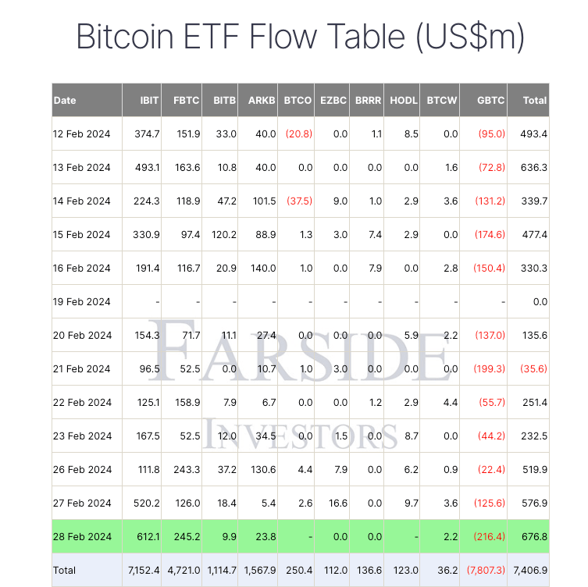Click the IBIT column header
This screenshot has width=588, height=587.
click(x=149, y=100)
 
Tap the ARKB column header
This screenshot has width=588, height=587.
click(x=262, y=100)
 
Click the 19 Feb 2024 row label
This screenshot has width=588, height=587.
click(x=82, y=301)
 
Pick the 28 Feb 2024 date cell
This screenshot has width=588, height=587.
click(x=82, y=537)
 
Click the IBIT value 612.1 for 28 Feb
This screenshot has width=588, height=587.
click(x=147, y=537)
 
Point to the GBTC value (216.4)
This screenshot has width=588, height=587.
click(x=491, y=537)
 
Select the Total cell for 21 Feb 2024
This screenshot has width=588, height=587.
click(x=534, y=368)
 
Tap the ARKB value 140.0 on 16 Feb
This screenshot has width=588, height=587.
click(x=262, y=268)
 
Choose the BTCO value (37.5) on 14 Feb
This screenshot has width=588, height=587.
click(x=298, y=201)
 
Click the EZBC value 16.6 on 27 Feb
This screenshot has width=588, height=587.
click(x=337, y=503)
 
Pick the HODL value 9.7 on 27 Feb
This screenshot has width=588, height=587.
click(x=410, y=503)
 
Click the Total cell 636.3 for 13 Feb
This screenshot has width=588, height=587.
click(x=534, y=167)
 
